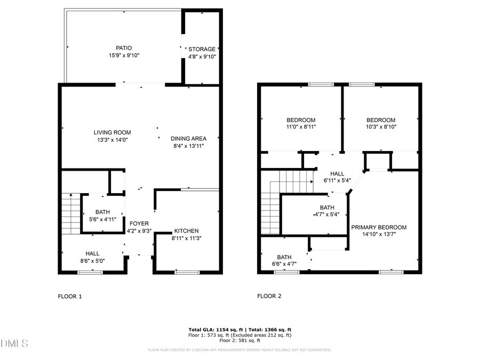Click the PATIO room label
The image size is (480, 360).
coord(124,47)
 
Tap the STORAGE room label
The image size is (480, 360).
coord(202,49)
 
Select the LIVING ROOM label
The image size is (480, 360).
coord(112,132)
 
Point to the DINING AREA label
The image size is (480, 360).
coord(188,139)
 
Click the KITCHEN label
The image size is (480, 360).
coord(186,231)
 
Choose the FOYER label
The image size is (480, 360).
coord(139,223)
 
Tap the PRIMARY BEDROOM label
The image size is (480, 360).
coord(379,227)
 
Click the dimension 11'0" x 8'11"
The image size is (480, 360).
coord(301,127)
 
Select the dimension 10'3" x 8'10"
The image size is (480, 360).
coord(381,127)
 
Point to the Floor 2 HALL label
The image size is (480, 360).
coord(337,173)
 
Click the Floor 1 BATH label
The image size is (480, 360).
coord(102,212)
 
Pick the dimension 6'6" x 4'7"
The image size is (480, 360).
coord(284,263)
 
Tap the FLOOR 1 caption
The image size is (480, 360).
coord(70,296)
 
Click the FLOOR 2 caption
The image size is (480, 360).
coord(270,296)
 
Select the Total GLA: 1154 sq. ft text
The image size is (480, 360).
coord(215,330)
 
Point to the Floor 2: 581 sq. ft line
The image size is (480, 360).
coord(239,340)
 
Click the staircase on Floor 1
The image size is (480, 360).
coord(70,214)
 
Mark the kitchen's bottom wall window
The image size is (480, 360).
coord(187,273)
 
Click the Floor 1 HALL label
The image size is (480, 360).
coord(93,253)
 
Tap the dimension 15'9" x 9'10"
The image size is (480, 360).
coord(124,55)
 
